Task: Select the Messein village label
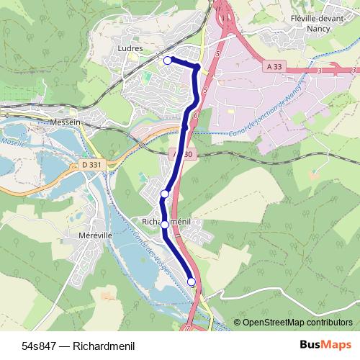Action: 66,122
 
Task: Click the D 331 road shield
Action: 91,165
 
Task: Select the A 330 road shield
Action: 184,154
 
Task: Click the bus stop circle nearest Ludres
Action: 168,60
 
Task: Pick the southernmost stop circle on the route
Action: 192,282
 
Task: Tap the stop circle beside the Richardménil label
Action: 165,225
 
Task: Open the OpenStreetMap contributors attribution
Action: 297,323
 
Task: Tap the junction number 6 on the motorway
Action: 195,114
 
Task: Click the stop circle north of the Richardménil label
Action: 165,194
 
